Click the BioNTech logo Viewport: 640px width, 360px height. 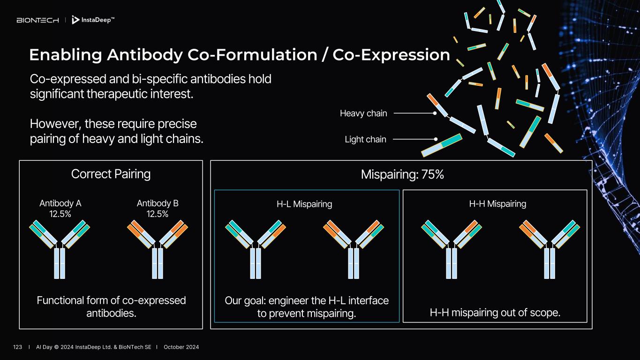point(38,20)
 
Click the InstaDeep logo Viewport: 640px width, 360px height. point(93,20)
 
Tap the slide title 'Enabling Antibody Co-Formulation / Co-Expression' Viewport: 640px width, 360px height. point(239,55)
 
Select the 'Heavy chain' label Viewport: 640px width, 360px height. point(363,113)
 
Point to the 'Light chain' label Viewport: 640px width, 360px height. point(365,139)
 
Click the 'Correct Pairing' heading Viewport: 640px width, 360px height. point(111,174)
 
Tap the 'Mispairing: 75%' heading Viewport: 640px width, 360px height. point(402,174)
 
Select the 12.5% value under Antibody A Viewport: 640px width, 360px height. point(60,214)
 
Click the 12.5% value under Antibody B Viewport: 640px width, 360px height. point(158,214)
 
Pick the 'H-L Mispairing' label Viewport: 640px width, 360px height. point(304,204)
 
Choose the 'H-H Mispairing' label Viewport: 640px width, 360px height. point(497,204)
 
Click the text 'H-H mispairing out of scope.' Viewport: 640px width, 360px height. point(495,313)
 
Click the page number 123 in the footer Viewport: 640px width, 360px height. point(18,347)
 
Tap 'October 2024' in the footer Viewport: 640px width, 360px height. point(181,347)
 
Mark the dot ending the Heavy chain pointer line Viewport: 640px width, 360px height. point(435,113)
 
